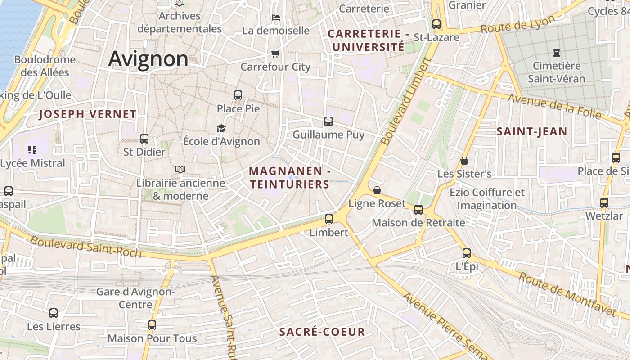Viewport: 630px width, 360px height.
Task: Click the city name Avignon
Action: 148,59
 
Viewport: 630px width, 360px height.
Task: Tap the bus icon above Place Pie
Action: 238,95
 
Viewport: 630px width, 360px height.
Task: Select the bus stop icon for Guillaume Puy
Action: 328,121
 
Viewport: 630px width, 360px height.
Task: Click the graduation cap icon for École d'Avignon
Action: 221,129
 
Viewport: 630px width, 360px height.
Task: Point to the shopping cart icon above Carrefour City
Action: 275,54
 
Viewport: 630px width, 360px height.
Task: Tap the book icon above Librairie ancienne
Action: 180,169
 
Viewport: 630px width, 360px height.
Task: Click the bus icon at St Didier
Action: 144,139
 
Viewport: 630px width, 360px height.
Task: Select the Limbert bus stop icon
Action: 329,219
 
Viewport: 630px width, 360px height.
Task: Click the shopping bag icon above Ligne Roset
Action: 377,190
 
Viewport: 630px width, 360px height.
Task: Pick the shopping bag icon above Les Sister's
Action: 464,161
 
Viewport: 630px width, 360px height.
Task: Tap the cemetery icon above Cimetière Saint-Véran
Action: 557,53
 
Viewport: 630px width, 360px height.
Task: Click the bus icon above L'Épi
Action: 467,253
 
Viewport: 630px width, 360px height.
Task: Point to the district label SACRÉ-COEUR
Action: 322,332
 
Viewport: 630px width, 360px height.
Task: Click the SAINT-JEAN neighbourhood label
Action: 531,132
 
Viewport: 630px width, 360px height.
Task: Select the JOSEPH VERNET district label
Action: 87,114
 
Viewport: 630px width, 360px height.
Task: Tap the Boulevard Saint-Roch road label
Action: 85,247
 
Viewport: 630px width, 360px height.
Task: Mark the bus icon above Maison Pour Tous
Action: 152,325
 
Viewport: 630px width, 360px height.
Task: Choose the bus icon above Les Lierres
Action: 54,313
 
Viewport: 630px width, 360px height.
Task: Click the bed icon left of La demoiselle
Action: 276,18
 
